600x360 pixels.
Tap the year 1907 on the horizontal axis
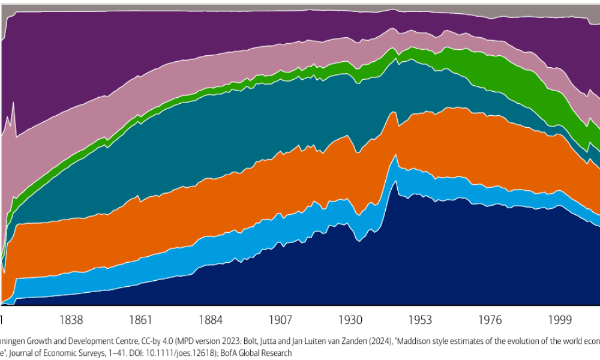coord(281,319)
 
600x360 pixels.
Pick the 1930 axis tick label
coord(351,319)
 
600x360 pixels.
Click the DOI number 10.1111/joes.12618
coord(177,353)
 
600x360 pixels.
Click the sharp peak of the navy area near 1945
coord(394,181)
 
